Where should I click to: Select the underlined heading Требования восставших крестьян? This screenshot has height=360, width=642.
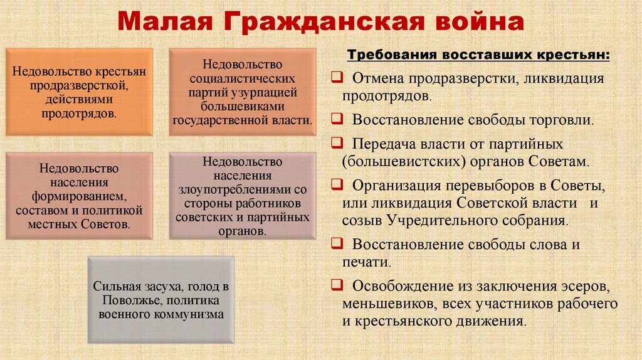point(480,55)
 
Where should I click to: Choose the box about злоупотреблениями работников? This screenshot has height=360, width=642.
point(243,196)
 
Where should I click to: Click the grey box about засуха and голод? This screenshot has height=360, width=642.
point(161,300)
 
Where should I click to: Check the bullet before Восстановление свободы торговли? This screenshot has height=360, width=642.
point(337,119)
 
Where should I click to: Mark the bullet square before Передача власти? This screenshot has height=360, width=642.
point(337,143)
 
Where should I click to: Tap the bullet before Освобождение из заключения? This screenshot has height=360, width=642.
point(337,286)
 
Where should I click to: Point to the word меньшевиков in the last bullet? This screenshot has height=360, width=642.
point(384,304)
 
